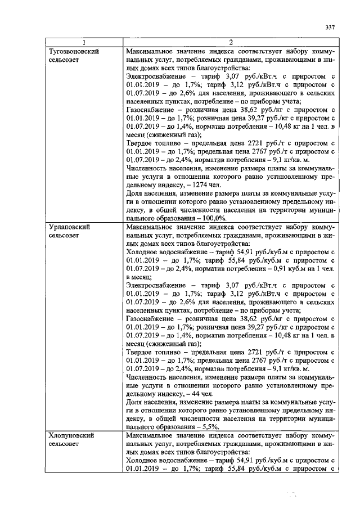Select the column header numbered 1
pos(84,43)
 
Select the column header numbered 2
pos(230,43)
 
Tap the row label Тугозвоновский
pos(75,51)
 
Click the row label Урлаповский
pos(69,227)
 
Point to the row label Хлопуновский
pos(72,435)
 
